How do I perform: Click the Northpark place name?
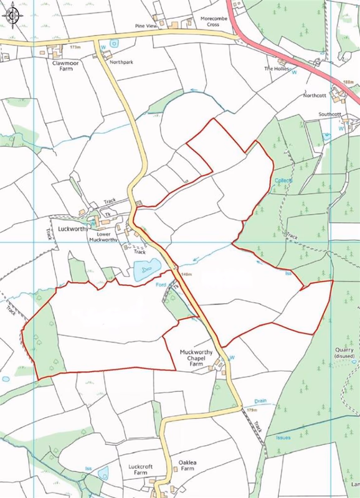(121, 62)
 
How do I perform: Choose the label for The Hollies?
(277, 68)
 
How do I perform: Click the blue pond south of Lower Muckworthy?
(147, 270)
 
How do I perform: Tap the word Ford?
(160, 285)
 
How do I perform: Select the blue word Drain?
(260, 402)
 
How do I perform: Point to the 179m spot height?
(252, 410)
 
